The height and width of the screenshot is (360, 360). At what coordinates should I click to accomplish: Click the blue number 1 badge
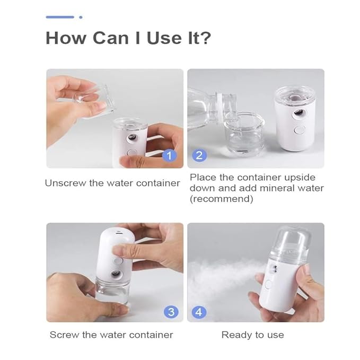pos(170,156)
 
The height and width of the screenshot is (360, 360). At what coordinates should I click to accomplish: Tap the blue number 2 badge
pos(199,155)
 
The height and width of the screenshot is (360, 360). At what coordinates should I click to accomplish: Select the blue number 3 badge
pos(171,312)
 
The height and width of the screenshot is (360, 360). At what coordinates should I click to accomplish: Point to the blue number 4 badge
pos(199,312)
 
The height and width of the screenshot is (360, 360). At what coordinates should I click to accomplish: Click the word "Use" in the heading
pos(164,38)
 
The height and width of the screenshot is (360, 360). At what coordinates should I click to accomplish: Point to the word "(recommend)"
pos(222,199)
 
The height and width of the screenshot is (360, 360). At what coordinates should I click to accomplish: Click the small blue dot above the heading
pos(81,17)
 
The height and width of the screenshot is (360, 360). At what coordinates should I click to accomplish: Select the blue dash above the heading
pos(60,17)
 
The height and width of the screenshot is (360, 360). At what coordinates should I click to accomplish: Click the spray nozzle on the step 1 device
pos(131,138)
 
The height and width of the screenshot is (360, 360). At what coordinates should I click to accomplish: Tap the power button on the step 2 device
pos(300,130)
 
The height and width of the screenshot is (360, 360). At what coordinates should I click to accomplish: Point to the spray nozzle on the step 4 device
pos(274,269)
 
